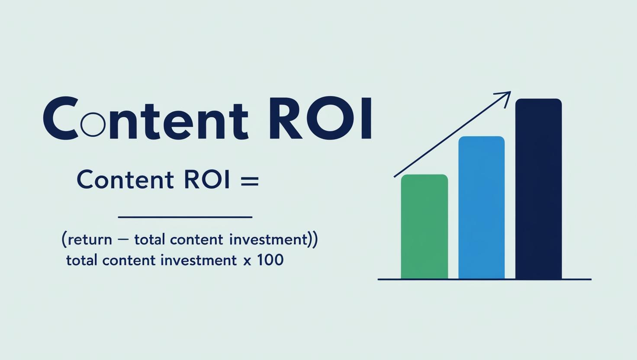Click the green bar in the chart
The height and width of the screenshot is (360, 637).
click(x=424, y=227)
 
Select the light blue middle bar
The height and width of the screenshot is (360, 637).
click(x=482, y=208)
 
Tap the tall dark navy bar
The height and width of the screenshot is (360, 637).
click(x=539, y=189)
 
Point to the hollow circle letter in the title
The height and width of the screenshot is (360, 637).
click(x=93, y=124)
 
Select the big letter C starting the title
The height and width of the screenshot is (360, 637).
click(x=61, y=118)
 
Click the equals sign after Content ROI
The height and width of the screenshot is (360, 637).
click(x=250, y=181)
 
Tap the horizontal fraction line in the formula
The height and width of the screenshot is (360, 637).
click(x=185, y=217)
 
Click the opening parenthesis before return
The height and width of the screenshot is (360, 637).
click(x=64, y=240)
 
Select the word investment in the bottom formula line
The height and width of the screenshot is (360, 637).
click(x=199, y=260)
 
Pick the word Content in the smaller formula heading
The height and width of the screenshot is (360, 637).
click(x=125, y=180)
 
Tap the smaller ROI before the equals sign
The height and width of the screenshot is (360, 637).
click(x=207, y=180)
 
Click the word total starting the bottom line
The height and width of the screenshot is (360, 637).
click(x=82, y=260)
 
